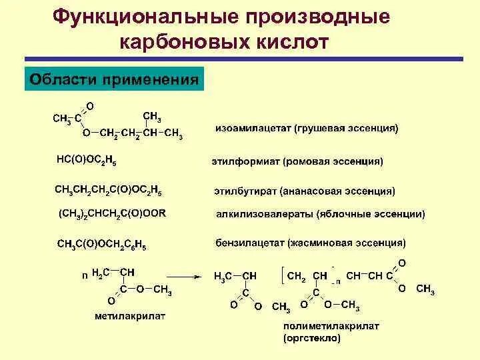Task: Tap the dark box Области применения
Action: click(114, 81)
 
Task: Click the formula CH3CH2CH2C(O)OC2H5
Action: click(108, 190)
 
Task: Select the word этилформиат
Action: click(244, 161)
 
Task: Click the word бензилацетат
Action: click(249, 243)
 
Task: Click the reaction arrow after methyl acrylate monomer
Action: click(183, 275)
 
